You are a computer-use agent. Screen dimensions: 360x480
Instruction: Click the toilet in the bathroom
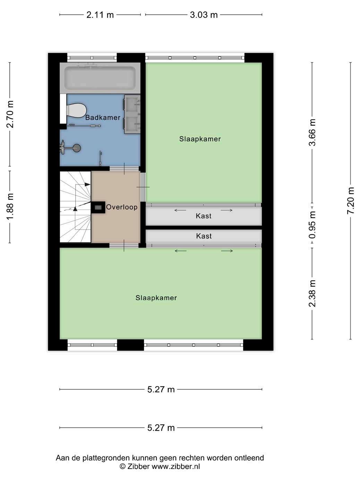[76, 110]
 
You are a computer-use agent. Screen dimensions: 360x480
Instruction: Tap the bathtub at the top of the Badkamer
[100, 78]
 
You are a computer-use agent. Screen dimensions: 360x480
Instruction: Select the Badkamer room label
[103, 118]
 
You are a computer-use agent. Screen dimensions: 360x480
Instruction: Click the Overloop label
[122, 207]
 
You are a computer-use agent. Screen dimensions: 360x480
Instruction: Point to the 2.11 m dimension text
[100, 15]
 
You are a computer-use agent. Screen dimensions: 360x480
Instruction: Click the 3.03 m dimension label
[204, 15]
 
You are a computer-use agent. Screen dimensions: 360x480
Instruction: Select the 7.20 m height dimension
[350, 201]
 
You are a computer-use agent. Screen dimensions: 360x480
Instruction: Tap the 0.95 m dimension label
[312, 225]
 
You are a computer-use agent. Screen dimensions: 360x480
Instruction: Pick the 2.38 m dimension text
[312, 293]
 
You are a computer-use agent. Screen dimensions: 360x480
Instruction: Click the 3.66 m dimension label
[312, 132]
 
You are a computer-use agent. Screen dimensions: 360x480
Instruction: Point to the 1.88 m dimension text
[10, 207]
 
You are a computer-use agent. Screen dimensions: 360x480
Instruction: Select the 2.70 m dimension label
[10, 114]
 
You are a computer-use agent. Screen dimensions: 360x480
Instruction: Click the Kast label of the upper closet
[204, 216]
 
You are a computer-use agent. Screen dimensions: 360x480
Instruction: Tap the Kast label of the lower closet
[204, 236]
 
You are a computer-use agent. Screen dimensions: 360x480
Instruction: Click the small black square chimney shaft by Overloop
[98, 207]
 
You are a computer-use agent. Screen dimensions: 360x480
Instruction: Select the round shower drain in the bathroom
[77, 148]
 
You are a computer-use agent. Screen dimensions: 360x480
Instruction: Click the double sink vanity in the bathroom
[132, 114]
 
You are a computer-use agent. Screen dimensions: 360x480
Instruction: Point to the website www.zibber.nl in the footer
[176, 466]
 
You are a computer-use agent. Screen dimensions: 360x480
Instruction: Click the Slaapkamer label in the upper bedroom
[200, 139]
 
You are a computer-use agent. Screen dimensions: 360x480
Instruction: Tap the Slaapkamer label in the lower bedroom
[156, 298]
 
